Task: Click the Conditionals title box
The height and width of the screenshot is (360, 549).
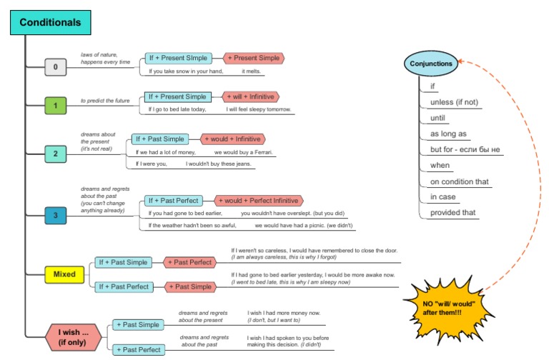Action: coord(50,23)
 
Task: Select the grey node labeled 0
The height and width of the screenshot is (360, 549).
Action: coord(56,68)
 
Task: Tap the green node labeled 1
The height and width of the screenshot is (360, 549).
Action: coord(56,106)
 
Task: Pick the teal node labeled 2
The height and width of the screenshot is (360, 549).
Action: coord(56,153)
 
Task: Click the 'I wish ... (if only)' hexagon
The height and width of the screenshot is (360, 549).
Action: coord(74,336)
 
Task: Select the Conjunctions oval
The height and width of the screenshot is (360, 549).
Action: coord(431,64)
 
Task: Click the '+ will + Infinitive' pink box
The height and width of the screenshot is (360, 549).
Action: coord(251,96)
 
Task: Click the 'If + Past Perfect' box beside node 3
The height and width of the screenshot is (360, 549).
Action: coord(173,201)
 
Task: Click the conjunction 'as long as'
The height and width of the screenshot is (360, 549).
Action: coord(448,134)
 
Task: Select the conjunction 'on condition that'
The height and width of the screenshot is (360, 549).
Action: coord(459,181)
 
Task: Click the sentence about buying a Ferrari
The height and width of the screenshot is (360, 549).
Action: coord(204,152)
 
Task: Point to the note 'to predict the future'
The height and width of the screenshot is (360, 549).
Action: coord(105,101)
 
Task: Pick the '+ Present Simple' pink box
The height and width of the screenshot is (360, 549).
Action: coord(253,58)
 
